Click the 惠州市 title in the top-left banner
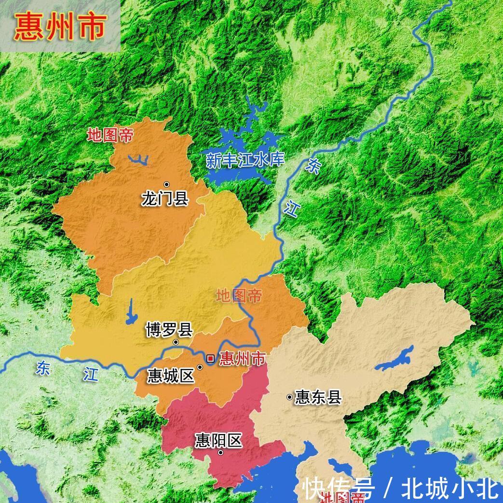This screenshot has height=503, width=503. click(60, 27)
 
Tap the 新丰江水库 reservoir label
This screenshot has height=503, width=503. click(245, 160)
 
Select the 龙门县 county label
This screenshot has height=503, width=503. click(165, 198)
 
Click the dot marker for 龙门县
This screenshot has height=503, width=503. click(166, 184)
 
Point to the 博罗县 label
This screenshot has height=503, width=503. click(169, 330)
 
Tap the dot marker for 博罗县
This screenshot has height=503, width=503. click(176, 342)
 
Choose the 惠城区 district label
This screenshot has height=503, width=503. click(171, 375)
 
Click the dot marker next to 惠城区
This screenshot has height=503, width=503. click(200, 367)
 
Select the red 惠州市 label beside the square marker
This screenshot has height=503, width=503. click(243, 358)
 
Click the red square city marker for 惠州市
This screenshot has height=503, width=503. click(210, 358)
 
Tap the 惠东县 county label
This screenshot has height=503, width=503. click(318, 397)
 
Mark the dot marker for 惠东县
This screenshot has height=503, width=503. click(289, 397)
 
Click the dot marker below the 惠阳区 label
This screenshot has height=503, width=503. click(220, 452)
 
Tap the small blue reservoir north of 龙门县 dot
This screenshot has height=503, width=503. click(138, 160)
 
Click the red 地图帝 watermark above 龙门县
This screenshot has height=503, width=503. click(110, 136)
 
